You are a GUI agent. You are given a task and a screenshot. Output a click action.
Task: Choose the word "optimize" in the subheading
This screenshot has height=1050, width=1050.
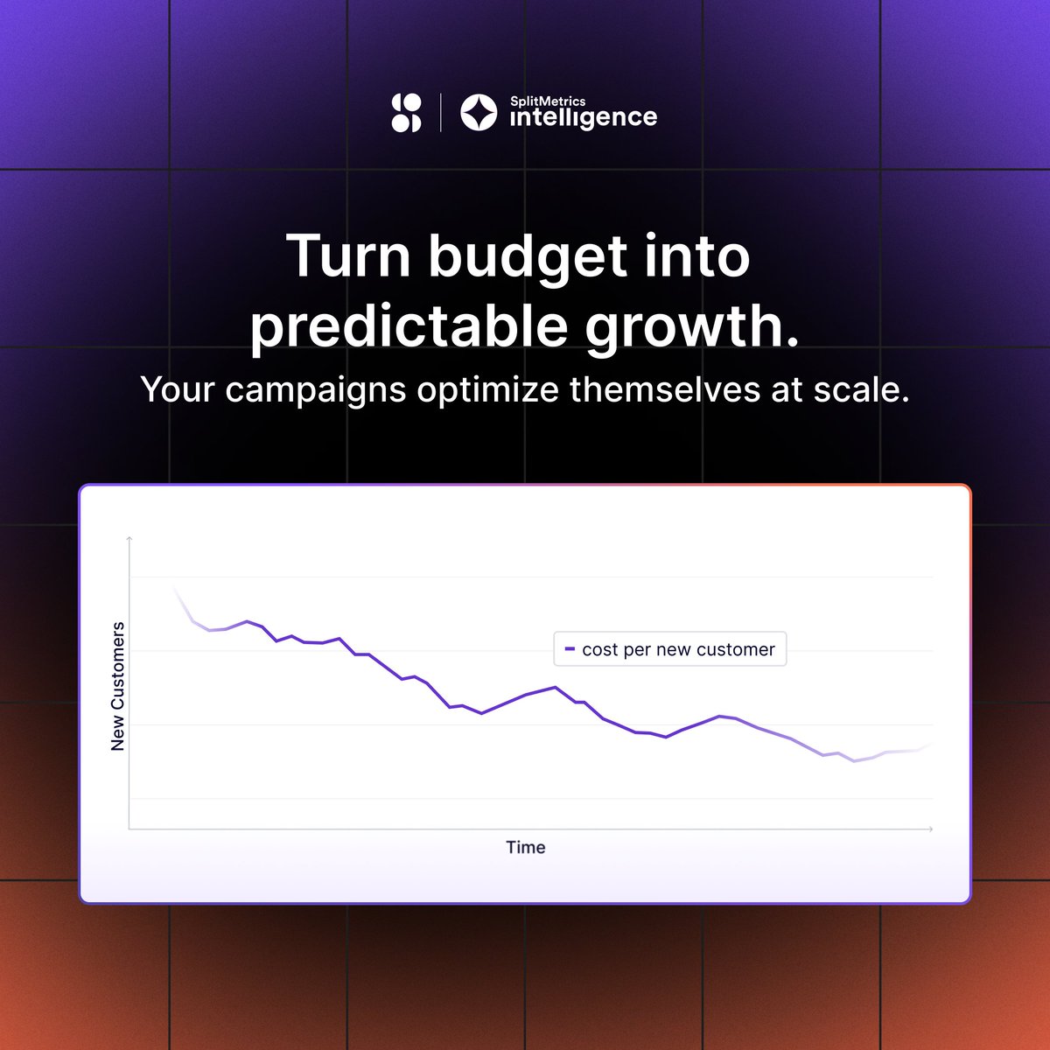(487, 390)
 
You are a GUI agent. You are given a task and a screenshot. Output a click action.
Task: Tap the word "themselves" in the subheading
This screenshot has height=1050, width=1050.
(665, 389)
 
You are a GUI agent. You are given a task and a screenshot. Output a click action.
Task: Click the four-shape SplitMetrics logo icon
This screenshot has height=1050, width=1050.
(406, 113)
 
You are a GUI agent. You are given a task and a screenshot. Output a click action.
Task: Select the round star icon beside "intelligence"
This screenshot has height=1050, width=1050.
(479, 113)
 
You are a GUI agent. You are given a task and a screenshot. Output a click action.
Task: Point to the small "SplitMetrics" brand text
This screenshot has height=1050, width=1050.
(548, 101)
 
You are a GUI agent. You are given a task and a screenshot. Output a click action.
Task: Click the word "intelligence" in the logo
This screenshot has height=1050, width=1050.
(583, 118)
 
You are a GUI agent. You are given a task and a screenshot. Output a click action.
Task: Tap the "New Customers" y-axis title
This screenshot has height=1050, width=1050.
(118, 686)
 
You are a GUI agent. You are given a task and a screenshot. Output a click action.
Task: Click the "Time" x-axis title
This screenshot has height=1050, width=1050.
(525, 847)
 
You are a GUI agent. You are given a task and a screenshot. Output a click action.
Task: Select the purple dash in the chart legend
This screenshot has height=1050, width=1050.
(570, 649)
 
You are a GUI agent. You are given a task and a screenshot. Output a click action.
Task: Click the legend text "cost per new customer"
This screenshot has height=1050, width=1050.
(678, 649)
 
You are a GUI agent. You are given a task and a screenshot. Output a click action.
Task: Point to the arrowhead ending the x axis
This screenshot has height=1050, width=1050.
(930, 829)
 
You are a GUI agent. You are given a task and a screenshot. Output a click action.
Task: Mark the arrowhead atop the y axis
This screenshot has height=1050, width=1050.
(129, 539)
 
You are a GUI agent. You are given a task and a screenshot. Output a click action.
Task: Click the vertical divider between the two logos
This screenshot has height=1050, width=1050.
(440, 113)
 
